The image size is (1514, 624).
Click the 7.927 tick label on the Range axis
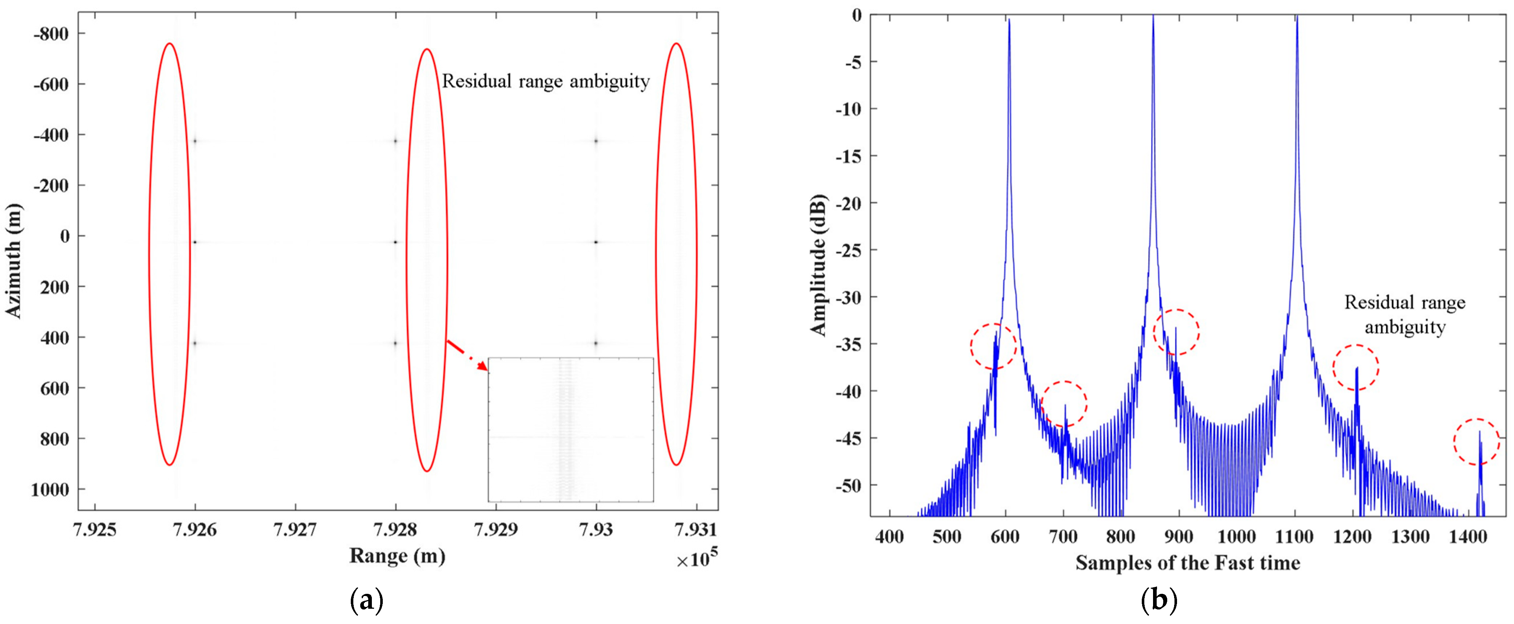(295, 530)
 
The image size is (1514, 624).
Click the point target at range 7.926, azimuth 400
(194, 343)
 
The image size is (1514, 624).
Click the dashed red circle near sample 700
(1063, 404)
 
